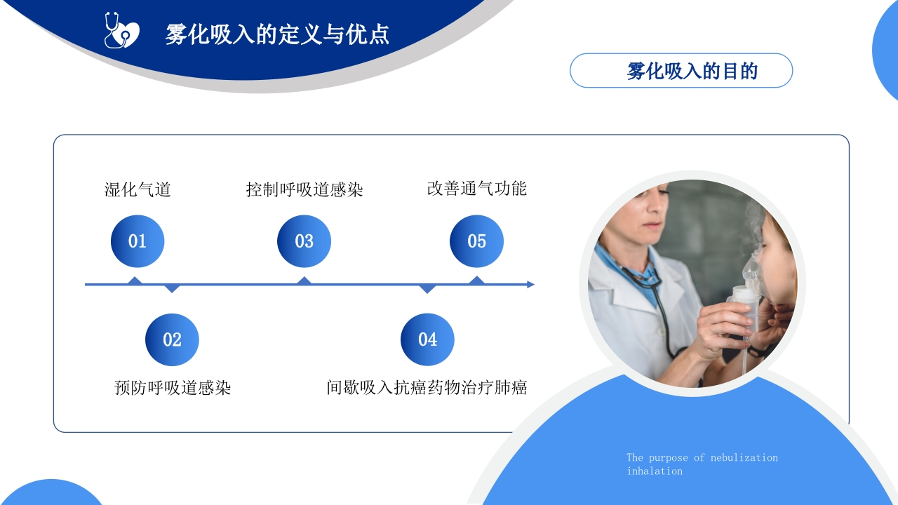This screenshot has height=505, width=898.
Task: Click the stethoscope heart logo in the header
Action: coord(122,30)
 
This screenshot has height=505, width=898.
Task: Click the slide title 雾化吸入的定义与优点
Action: coord(277,34)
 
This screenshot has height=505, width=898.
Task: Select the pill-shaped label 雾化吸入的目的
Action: coord(681,71)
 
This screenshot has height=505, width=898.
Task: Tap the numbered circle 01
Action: coord(138,241)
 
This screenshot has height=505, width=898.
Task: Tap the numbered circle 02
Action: coord(172,339)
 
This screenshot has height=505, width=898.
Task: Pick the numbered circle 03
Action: coord(304,241)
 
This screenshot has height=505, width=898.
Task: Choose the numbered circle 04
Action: coord(427,339)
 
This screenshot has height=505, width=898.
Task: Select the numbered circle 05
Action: coord(476,241)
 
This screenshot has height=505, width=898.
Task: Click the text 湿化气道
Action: coord(138,189)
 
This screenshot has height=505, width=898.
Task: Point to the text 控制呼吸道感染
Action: coord(304,189)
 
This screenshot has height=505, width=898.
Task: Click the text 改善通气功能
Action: coord(476,189)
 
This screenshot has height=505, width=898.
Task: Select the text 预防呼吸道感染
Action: coord(173,388)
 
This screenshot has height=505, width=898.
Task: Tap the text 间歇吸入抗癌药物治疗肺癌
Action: coord(427,388)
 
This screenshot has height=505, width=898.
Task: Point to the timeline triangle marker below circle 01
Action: coord(135,280)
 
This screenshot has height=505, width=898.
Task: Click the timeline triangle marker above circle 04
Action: coord(427,289)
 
